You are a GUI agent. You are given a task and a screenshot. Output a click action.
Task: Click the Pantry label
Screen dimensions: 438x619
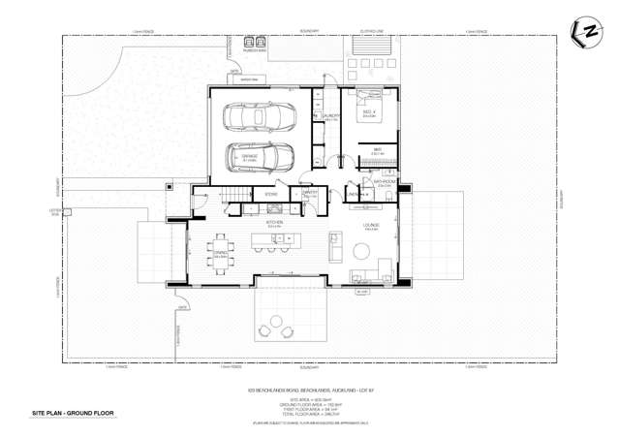point(311,194)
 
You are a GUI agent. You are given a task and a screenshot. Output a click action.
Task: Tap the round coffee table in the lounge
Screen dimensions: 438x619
point(361,252)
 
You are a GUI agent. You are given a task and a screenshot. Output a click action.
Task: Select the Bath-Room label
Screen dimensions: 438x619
point(375,181)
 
